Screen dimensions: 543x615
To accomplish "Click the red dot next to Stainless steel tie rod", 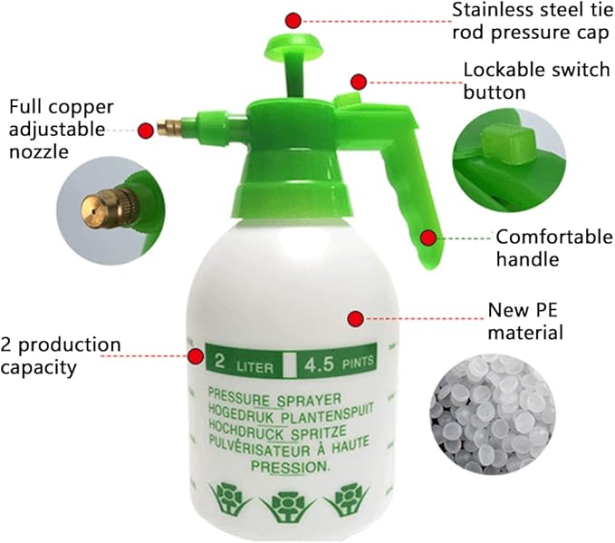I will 293,20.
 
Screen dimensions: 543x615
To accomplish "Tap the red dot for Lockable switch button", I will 360,82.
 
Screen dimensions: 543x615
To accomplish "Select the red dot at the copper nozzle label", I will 145,131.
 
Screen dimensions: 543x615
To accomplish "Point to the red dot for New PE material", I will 355,318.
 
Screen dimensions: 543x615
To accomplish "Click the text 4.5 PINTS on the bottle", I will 335,364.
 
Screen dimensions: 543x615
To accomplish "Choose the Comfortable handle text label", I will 553,247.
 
